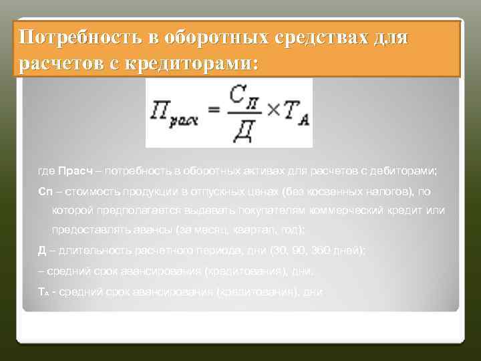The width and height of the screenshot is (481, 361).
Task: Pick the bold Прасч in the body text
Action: click(x=73, y=171)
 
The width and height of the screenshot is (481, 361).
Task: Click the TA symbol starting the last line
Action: click(x=42, y=292)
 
